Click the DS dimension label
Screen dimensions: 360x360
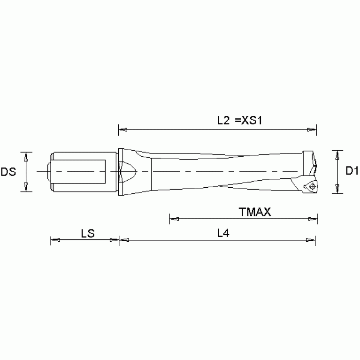point(8,172)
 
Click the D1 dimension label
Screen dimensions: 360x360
point(352,171)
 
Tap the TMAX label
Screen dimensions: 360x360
point(255,212)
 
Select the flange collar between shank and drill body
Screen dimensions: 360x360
point(120,172)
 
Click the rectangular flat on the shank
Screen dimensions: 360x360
point(80,172)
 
